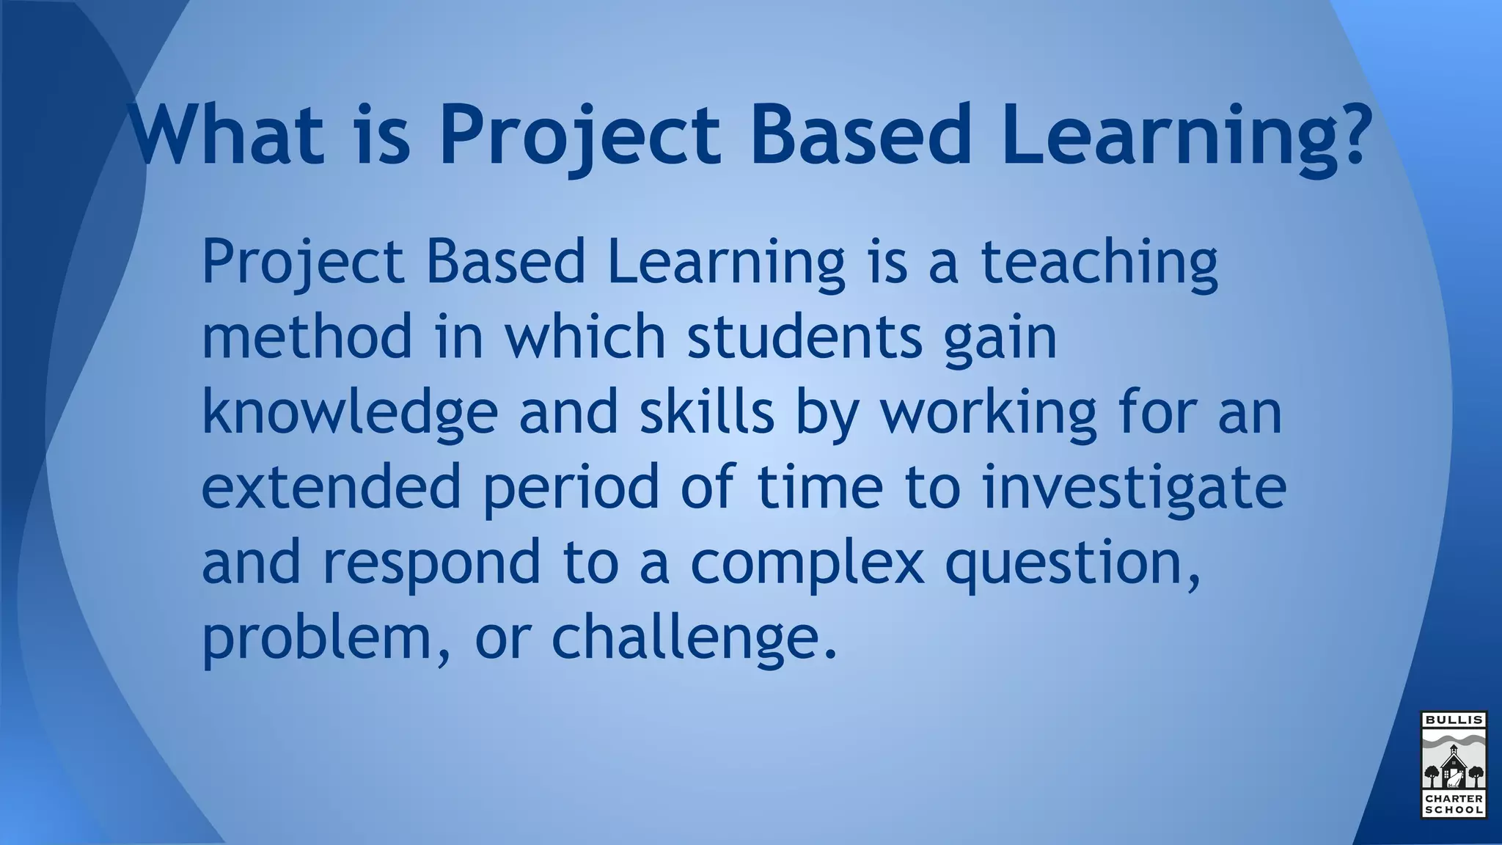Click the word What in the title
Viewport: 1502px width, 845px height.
click(226, 134)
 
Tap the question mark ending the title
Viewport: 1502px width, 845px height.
click(1348, 134)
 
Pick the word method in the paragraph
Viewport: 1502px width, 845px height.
click(307, 336)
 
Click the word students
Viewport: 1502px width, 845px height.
click(804, 336)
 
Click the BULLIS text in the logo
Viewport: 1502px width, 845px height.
click(1454, 720)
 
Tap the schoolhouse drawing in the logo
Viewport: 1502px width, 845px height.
click(1454, 767)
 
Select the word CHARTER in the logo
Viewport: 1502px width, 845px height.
click(1454, 799)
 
